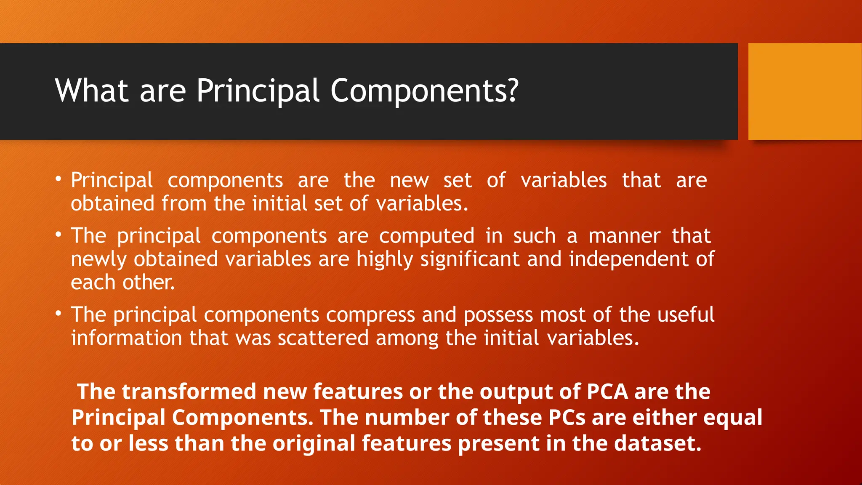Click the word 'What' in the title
pyautogui.click(x=91, y=91)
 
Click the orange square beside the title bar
pyautogui.click(x=805, y=91)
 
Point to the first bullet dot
pyautogui.click(x=59, y=179)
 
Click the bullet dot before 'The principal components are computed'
pyautogui.click(x=59, y=235)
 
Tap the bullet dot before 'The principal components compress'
pyautogui.click(x=59, y=314)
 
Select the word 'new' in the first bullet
pyautogui.click(x=409, y=181)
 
